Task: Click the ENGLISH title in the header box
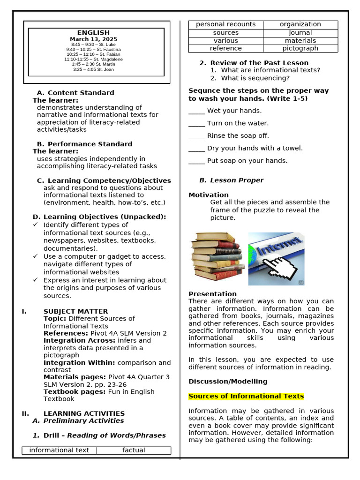coord(96,33)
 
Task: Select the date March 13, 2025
coord(94,39)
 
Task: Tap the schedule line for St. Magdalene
coord(93,60)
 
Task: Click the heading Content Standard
coord(81,93)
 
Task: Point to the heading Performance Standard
coord(90,144)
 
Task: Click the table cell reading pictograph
coord(300,48)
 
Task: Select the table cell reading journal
coord(300,33)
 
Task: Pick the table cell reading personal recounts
coord(225,24)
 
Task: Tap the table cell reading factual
coord(134,450)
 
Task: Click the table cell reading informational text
coord(59,450)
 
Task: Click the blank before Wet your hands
coord(196,112)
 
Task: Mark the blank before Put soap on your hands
coord(196,161)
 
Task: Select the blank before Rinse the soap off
coord(196,136)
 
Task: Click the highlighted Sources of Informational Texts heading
coord(246,397)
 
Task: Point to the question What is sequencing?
coord(255,78)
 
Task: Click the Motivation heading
coord(209,195)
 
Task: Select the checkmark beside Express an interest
coord(35,280)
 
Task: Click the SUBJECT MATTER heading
coord(75,312)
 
